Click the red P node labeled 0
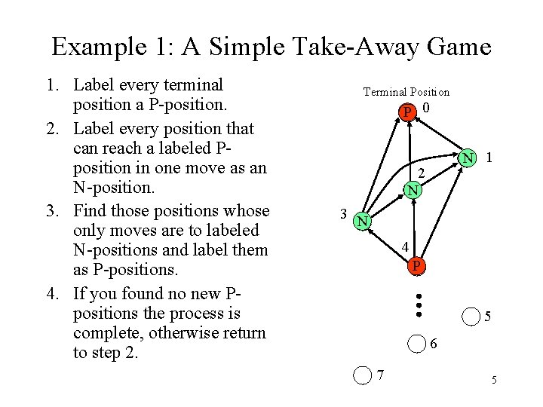click(x=408, y=113)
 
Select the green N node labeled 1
click(x=469, y=158)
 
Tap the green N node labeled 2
click(x=412, y=190)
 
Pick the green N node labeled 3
click(x=363, y=221)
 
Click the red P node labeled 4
click(x=416, y=266)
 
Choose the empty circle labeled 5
click(x=471, y=317)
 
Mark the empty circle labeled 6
click(x=416, y=344)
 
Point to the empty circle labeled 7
click(x=363, y=375)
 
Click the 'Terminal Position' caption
click(x=406, y=92)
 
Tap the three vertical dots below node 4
click(x=419, y=304)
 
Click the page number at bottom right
click(x=494, y=379)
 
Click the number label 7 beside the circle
click(x=381, y=375)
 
